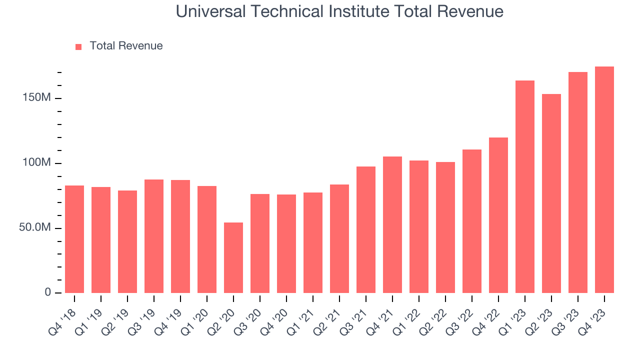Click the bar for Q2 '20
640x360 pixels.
coord(233,257)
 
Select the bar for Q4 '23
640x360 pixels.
coord(604,180)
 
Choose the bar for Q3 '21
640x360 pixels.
coord(366,229)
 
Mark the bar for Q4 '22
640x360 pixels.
coord(498,215)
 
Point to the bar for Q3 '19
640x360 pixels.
coord(154,236)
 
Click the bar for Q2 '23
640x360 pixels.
coord(551,193)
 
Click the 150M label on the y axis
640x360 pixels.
coord(36,98)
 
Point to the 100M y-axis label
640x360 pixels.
coord(36,163)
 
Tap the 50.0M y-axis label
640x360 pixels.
coord(34,228)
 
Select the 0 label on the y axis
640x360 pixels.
coord(47,292)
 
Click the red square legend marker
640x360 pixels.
coord(78,46)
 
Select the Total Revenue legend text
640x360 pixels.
coord(126,46)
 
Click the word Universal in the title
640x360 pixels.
coord(210,11)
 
